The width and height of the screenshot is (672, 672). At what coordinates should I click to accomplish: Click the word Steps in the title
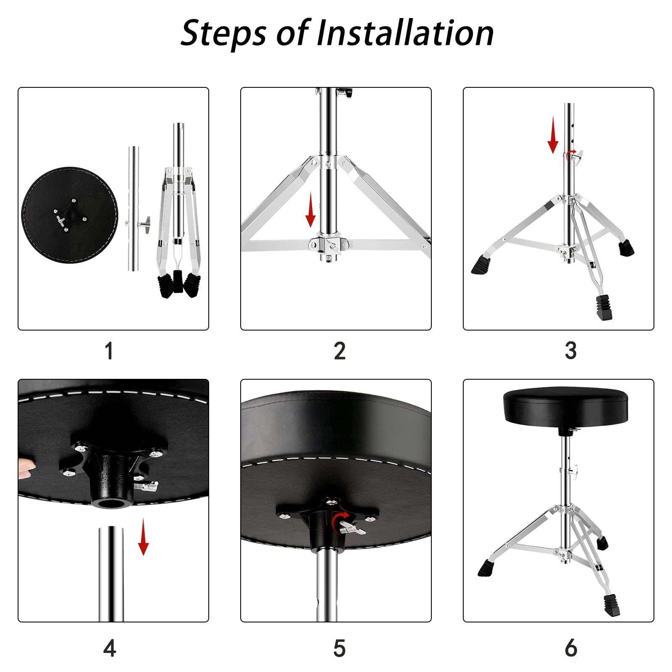pos(223,34)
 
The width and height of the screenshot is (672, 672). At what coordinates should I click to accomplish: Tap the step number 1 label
pos(109,351)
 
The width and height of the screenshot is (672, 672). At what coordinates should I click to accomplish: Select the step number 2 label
pos(340,351)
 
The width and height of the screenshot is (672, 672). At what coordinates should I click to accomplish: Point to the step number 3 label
pos(570,351)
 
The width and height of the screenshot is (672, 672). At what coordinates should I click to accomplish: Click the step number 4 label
pos(110,648)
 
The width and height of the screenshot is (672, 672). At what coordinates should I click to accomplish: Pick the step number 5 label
pos(339,648)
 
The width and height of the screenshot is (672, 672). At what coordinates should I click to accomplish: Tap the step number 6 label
pos(571,648)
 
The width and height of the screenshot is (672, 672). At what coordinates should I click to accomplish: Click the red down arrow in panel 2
pos(310,210)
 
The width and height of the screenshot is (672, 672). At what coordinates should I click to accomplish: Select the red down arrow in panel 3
pos(553,135)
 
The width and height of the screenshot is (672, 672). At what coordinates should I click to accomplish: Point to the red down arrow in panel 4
pos(144,537)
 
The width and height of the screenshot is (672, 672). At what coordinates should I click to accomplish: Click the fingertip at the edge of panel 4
pos(26,468)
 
